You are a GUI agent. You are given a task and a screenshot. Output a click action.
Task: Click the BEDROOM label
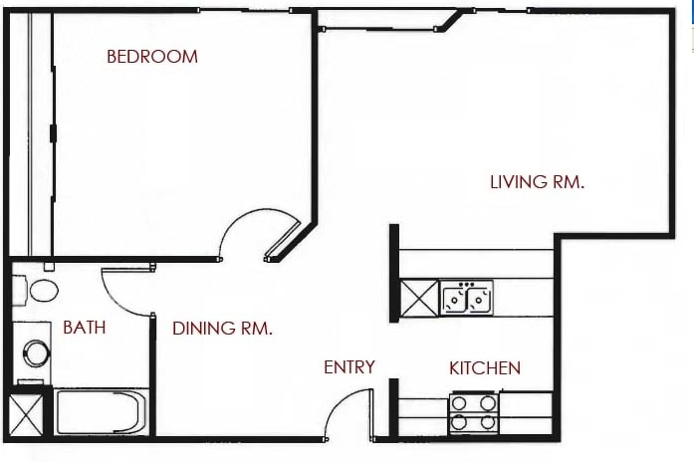[x=152, y=57]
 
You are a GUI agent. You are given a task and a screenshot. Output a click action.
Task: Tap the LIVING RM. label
[x=538, y=182]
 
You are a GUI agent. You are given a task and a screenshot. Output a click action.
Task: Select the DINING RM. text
[x=222, y=329]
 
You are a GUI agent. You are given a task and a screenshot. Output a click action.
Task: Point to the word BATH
[x=85, y=328]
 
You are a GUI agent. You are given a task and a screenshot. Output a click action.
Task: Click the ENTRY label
[x=349, y=366]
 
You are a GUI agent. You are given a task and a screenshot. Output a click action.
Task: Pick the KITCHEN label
[x=485, y=368]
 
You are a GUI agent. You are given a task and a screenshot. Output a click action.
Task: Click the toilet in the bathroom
[x=36, y=290]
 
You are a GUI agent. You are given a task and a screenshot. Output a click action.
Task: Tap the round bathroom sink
[x=36, y=353]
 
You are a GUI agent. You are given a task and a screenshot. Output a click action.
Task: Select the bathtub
[x=101, y=411]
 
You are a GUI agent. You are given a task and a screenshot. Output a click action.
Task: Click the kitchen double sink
[x=467, y=298]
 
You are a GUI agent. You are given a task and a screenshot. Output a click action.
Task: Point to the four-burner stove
[x=474, y=412]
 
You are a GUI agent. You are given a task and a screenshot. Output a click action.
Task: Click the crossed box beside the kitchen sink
[x=419, y=298]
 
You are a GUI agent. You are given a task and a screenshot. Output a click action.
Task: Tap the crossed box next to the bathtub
[x=26, y=414]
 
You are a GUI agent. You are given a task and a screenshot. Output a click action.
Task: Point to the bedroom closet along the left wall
[x=31, y=134]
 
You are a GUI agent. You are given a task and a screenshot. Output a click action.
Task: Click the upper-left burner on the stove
[x=459, y=403]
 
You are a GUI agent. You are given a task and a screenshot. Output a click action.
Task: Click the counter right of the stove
[x=526, y=412]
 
